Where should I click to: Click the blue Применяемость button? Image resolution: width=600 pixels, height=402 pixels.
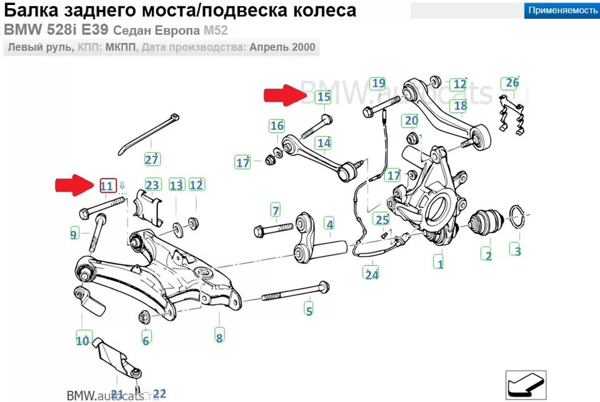tap(561, 10)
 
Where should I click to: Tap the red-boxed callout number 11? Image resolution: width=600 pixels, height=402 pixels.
tap(107, 185)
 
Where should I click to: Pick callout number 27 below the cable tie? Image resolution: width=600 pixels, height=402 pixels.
tap(152, 159)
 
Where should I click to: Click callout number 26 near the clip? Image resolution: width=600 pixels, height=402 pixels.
tap(512, 83)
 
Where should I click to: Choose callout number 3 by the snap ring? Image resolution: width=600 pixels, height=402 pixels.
tap(517, 251)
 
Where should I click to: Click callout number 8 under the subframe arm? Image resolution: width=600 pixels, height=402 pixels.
tap(219, 338)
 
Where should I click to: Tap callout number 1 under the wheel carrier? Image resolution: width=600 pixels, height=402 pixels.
tap(440, 263)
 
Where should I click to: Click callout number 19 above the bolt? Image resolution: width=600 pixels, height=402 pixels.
tap(377, 83)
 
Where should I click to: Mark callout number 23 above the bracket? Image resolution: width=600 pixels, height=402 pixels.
tap(152, 185)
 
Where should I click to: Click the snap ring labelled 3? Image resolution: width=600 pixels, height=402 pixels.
tap(517, 218)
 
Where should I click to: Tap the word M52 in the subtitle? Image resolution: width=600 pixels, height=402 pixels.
tap(213, 30)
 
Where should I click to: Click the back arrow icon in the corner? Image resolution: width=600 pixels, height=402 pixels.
tap(525, 384)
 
